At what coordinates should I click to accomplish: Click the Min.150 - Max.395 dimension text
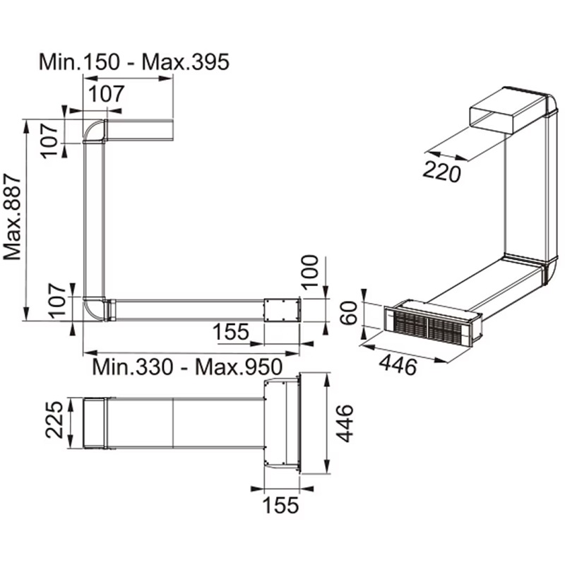click(x=133, y=62)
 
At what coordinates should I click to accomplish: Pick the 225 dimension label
click(x=56, y=423)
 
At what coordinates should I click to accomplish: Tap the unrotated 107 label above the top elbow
click(x=105, y=93)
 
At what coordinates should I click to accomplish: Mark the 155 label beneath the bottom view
click(x=281, y=506)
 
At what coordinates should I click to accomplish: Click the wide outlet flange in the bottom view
click(x=282, y=424)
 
